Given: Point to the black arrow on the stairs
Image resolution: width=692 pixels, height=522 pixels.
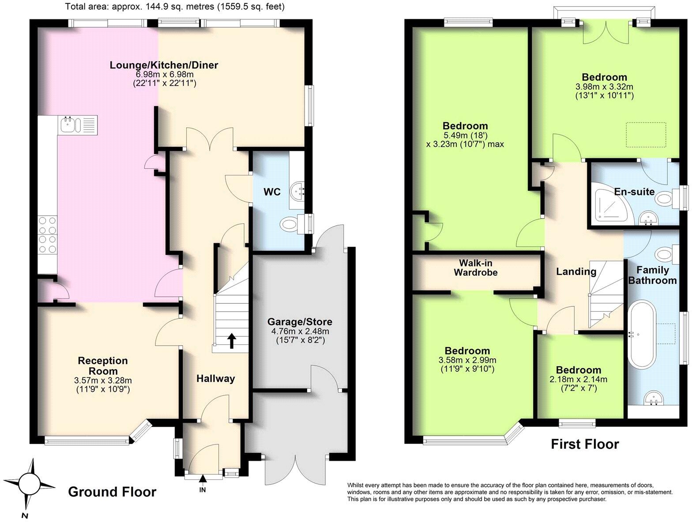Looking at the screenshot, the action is point(232,341).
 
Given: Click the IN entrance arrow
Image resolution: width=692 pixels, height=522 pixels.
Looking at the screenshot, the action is point(203,479).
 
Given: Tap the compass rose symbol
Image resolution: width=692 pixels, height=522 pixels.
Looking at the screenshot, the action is point(29,485).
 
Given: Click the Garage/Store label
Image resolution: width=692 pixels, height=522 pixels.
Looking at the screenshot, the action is point(300,322).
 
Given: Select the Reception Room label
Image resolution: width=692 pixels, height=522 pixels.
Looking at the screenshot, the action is point(103,365).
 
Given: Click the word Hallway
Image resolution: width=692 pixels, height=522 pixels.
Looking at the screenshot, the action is point(216,378).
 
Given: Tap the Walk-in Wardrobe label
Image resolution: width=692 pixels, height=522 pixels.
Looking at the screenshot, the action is point(476,267).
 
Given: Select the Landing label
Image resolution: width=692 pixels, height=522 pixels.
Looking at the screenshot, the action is point(576,272).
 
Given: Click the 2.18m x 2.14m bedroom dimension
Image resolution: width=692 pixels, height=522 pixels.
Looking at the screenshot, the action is point(578,380).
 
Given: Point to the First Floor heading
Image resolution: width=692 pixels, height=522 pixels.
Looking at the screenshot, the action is point(585,444).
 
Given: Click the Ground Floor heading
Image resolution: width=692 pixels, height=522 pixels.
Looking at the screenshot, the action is point(112,492).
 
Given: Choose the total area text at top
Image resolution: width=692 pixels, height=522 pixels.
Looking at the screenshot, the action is point(175,6).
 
